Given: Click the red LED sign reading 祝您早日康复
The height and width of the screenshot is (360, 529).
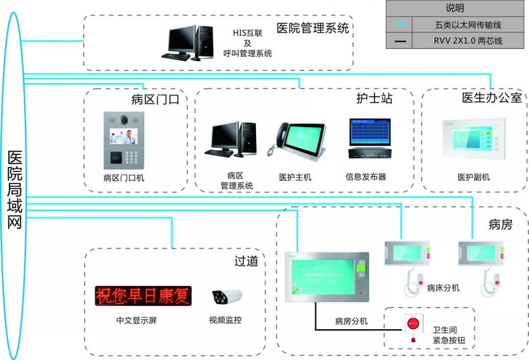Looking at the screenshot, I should coord(143,296).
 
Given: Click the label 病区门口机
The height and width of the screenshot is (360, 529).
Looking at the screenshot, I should coord(124,178).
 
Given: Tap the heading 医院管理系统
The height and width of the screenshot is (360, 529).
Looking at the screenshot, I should coord(313,28).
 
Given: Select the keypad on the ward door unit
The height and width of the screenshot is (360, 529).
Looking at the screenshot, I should coord(133,158).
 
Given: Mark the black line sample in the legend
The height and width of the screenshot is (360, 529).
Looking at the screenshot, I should coord(400,41).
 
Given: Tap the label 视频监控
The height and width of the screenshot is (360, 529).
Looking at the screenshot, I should coord(225,320).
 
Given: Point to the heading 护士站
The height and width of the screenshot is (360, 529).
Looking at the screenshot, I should coord(374,98).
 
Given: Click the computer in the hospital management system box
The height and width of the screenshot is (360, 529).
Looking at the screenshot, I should coord(188,43).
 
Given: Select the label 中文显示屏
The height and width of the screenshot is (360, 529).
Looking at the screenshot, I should coord(137,320).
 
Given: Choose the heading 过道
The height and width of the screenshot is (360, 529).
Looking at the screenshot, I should coord(246,261).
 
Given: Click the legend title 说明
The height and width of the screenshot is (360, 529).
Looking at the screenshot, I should coord(455,8).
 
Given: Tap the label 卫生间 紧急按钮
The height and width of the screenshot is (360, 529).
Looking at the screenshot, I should coord(445,335).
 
